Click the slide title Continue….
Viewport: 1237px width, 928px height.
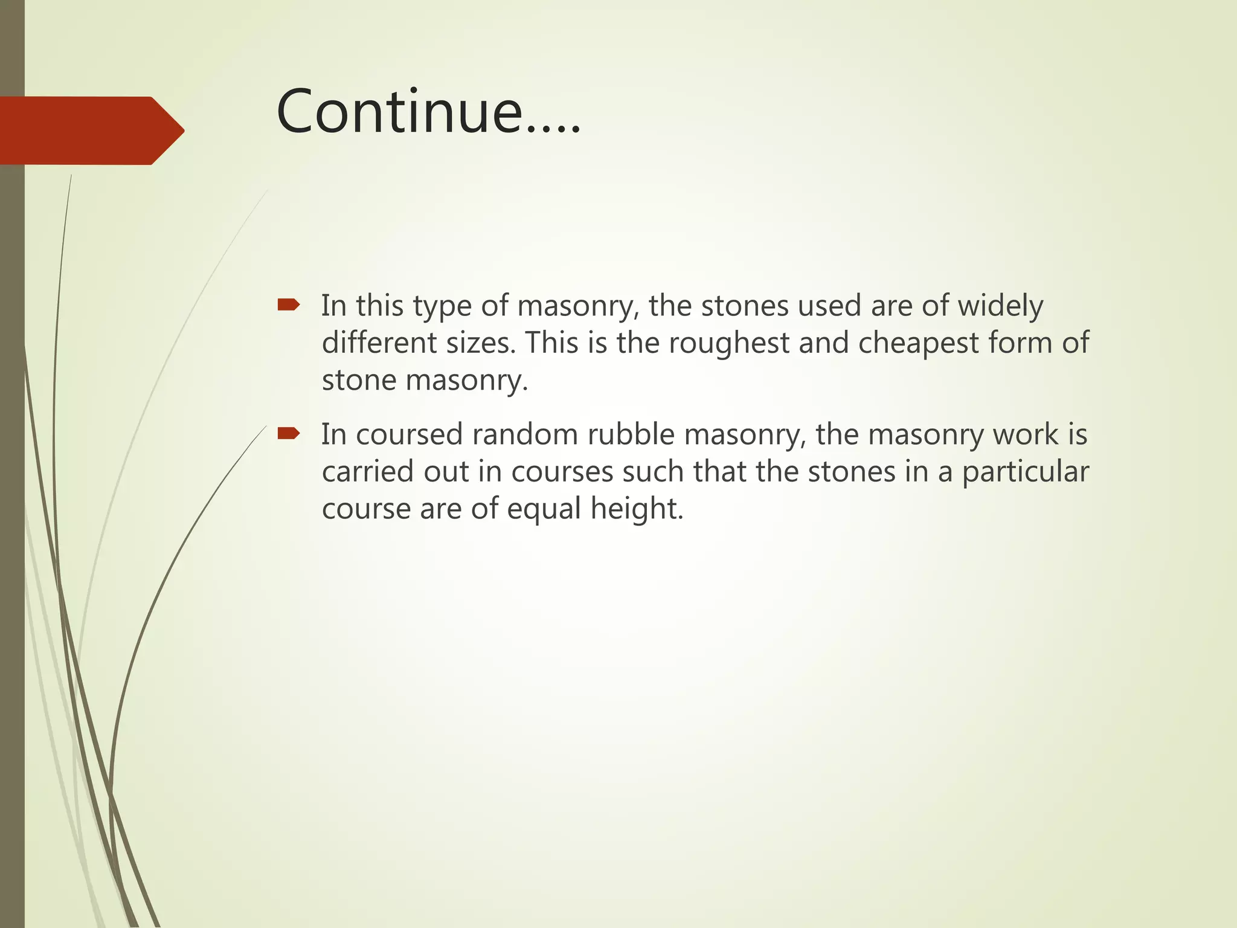(x=428, y=112)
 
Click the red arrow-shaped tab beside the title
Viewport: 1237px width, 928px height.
(x=91, y=130)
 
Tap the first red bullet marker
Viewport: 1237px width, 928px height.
(x=288, y=304)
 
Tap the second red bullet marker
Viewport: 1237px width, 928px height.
(x=288, y=433)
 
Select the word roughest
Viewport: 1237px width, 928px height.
(x=728, y=343)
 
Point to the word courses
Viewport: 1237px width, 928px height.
(x=562, y=472)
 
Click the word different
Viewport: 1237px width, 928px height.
(x=379, y=343)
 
